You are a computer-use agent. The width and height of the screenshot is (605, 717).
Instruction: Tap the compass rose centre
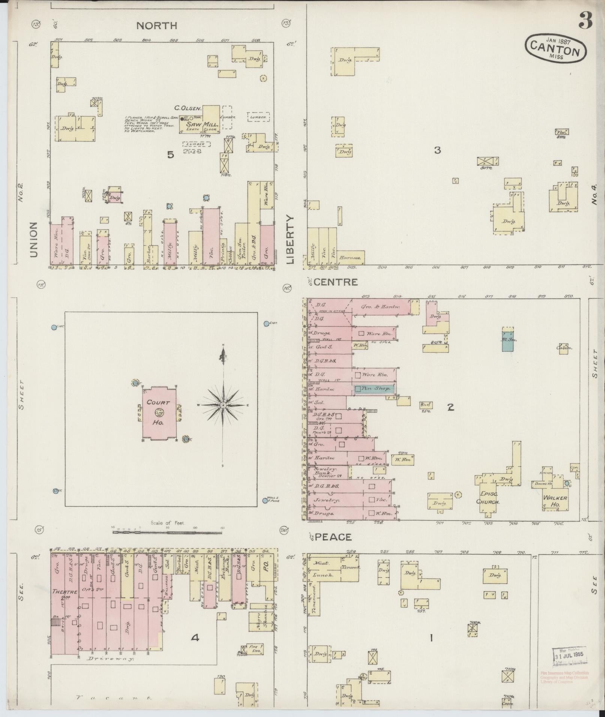click(223, 405)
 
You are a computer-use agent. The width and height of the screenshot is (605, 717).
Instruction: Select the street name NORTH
click(156, 25)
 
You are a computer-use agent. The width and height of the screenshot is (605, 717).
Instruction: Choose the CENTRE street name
click(335, 282)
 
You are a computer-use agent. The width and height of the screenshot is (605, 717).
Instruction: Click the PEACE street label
click(333, 537)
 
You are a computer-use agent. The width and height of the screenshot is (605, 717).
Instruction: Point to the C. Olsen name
click(188, 108)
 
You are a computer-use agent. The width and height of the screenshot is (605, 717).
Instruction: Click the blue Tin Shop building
click(374, 389)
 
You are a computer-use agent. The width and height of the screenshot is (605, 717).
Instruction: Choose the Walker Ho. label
click(555, 501)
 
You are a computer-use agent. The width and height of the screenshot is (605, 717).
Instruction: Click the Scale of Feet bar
click(167, 532)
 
